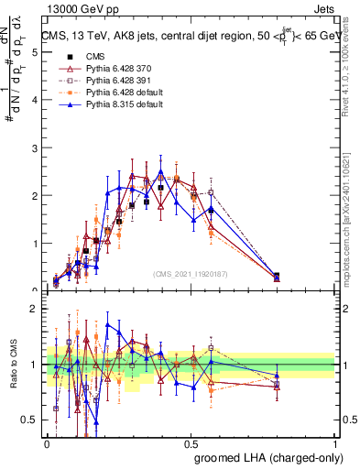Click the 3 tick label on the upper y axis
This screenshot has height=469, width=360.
click(x=37, y=147)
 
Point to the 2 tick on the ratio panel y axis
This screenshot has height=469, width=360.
click(x=37, y=309)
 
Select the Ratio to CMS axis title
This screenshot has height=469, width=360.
click(x=12, y=365)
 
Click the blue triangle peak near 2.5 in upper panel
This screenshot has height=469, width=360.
click(x=160, y=171)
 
